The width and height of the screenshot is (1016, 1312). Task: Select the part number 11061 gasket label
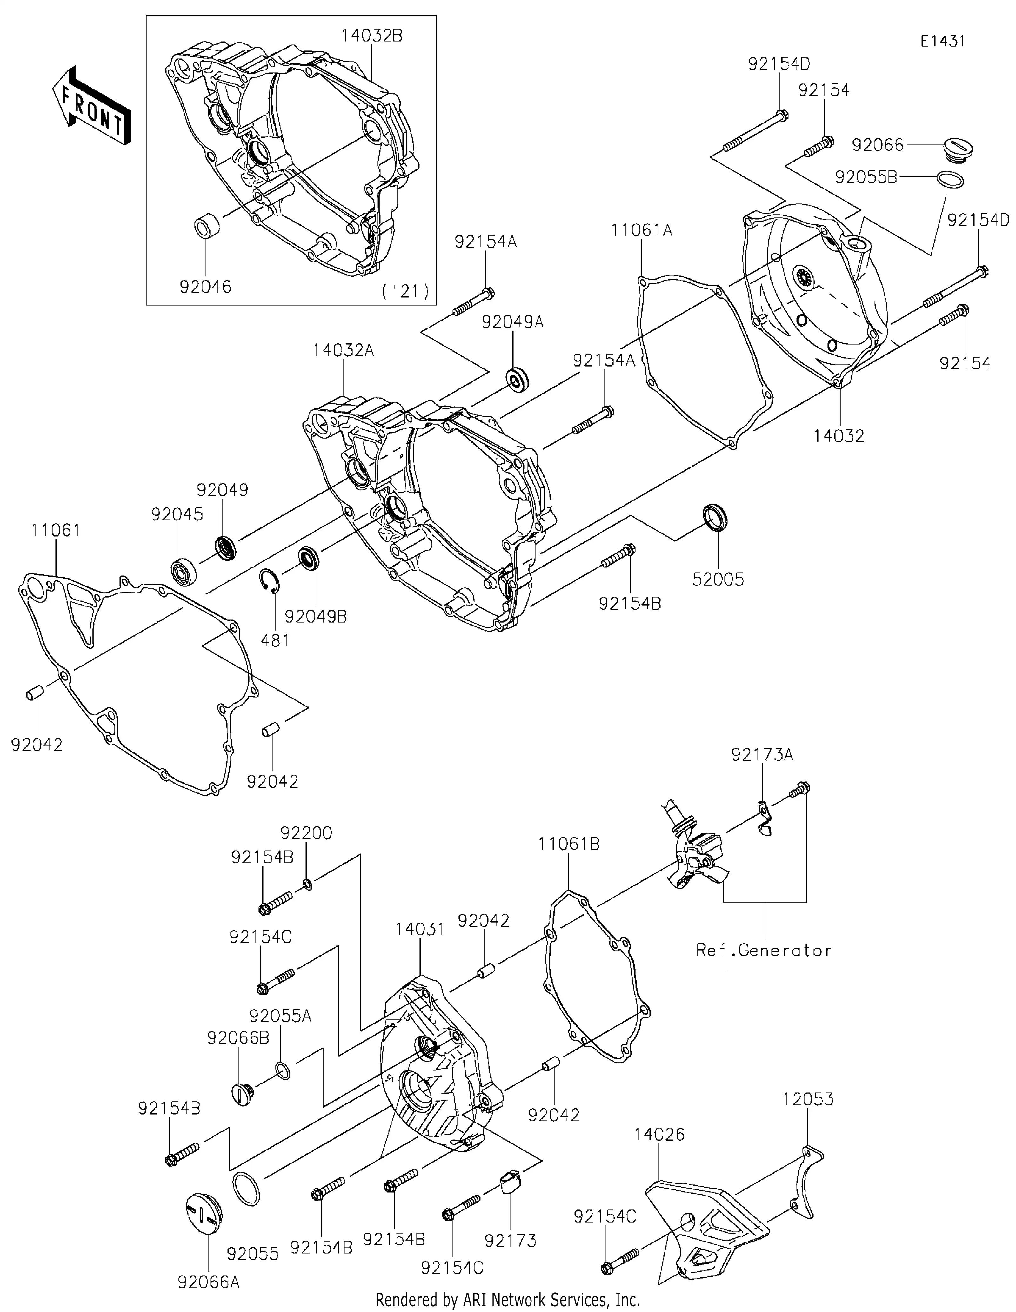click(x=56, y=530)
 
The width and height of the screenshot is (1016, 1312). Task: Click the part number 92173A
click(x=762, y=754)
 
